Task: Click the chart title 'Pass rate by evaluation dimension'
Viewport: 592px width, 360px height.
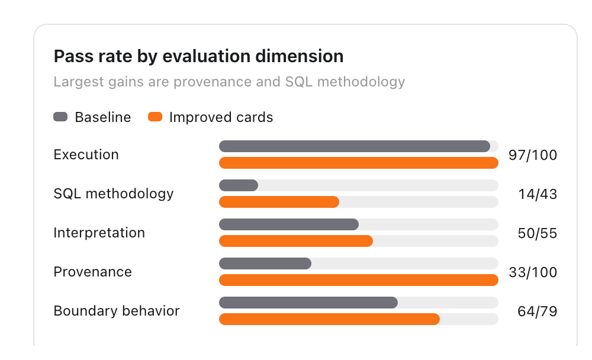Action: [198, 56]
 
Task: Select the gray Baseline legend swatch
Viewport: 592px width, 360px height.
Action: [60, 117]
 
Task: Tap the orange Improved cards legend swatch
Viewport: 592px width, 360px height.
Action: [155, 117]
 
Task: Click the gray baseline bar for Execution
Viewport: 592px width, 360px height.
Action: [355, 146]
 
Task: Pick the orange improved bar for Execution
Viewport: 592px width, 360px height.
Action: [359, 163]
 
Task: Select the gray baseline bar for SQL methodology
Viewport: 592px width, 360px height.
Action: [239, 185]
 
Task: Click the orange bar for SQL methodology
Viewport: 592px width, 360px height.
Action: [279, 202]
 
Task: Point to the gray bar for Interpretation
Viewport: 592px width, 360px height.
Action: [289, 224]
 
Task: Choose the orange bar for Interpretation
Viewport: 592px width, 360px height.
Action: [296, 241]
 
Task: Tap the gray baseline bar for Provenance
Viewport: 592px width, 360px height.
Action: [265, 263]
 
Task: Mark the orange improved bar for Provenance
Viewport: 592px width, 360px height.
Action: [359, 280]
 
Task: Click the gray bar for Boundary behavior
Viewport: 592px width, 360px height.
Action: [308, 303]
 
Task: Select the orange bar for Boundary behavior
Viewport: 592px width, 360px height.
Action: [329, 319]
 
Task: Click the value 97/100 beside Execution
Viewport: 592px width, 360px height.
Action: [533, 155]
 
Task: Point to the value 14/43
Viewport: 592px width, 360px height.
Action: [538, 194]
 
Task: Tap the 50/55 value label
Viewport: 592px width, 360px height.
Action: [538, 233]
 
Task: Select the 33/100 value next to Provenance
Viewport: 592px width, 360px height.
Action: [533, 272]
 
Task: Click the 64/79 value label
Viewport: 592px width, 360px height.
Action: [538, 311]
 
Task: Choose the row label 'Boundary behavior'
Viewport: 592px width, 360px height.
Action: [117, 311]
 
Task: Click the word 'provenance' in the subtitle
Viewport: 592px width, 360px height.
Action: [213, 82]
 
